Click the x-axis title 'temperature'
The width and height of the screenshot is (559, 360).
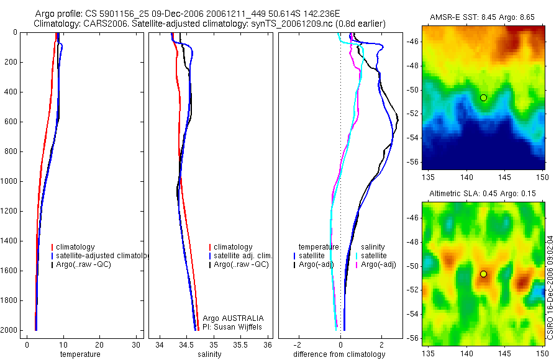click(80, 354)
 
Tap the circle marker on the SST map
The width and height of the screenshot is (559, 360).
click(483, 97)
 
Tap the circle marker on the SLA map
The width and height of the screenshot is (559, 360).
click(483, 274)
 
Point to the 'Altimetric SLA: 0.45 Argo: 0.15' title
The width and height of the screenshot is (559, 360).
click(483, 194)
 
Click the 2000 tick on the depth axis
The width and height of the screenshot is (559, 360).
click(10, 330)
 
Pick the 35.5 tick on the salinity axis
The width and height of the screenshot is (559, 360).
click(240, 344)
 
